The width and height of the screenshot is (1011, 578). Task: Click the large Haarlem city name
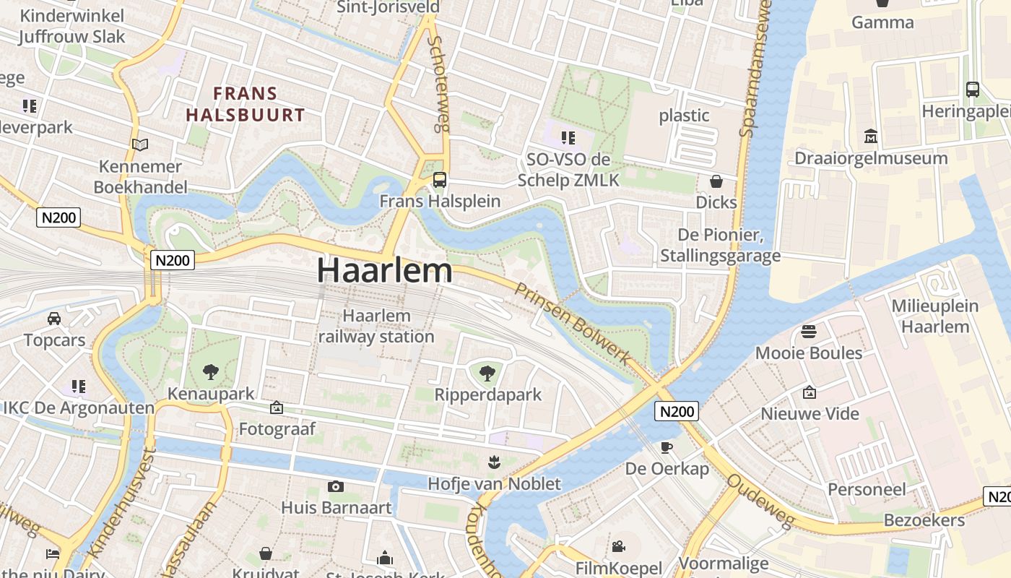coord(384,270)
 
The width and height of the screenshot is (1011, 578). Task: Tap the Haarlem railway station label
coord(376,327)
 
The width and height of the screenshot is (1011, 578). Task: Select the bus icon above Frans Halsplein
coord(439,180)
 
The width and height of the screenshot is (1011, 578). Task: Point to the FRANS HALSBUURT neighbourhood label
coord(246,103)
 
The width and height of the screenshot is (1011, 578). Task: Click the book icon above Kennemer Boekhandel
coord(140,145)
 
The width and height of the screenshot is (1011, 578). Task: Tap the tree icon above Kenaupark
coord(211,372)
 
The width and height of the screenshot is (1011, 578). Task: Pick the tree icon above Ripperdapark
coord(487,373)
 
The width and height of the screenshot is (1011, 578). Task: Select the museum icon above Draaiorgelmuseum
coord(870,137)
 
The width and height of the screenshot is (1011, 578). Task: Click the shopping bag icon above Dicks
coord(716,181)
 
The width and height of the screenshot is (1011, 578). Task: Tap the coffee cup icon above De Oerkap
coord(667,447)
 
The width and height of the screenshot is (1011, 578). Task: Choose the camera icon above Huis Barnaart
coord(335,486)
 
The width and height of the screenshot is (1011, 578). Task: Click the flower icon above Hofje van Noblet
coord(494,462)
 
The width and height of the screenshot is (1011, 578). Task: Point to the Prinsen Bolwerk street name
coord(572,324)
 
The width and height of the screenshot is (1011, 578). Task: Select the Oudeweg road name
coord(760,501)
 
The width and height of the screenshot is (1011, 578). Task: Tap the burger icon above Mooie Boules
coord(809,332)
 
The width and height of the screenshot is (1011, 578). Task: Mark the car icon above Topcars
coord(53,319)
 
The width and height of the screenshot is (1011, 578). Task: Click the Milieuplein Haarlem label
coord(934,316)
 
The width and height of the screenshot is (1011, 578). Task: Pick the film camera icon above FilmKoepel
coord(618,547)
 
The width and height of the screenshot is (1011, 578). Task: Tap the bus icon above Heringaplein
coord(972,90)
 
